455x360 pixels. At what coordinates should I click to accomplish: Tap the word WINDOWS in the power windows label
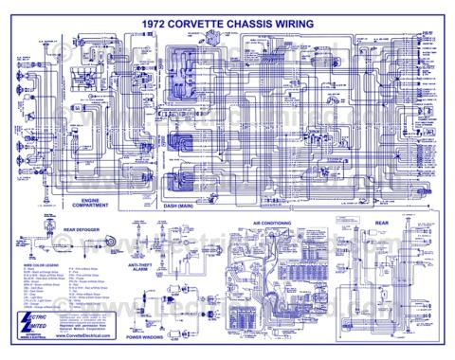175,337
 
